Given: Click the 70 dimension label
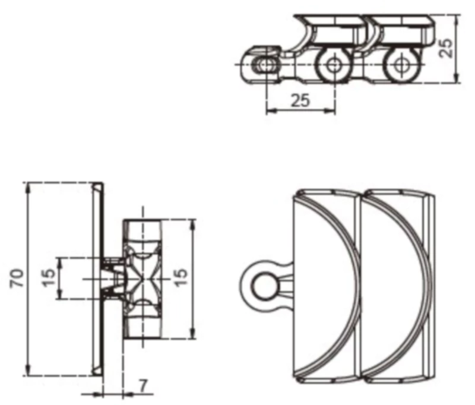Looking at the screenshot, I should (x=18, y=279).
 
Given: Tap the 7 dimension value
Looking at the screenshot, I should (x=143, y=386).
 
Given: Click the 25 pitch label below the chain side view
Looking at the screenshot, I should (x=300, y=100).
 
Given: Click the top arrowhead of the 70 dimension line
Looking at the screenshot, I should (x=28, y=186).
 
